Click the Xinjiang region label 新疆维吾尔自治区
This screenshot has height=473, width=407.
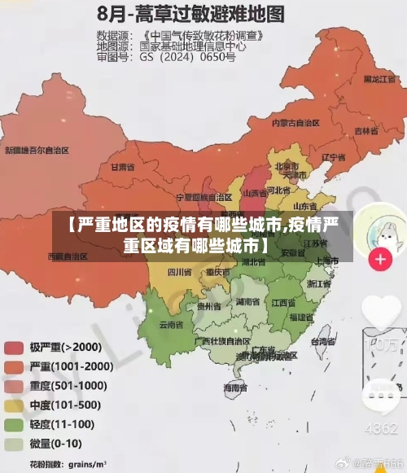pos(37,151)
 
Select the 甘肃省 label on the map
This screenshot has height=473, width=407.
pos(120,167)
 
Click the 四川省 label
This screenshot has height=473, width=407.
pos(179,271)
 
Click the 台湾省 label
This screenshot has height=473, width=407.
pos(323,339)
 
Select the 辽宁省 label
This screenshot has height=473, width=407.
pos(335,157)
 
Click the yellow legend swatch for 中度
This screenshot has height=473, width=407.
pos(14,405)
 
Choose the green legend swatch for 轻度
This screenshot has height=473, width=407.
pos(14,424)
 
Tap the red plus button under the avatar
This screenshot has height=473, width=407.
pos(380,260)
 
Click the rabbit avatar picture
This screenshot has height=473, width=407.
pos(380,229)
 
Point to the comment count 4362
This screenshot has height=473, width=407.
pos(380,428)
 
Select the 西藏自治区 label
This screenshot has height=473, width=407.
pos(68,256)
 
